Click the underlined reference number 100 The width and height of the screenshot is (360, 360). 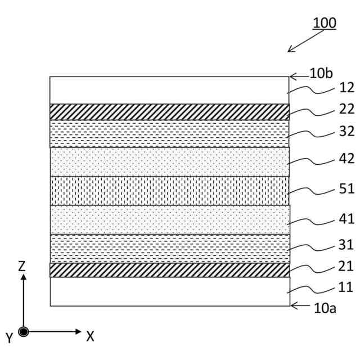(x=325, y=23)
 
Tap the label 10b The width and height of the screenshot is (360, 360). (x=321, y=74)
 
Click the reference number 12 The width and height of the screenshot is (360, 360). (x=346, y=88)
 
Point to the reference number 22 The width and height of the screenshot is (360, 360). (x=346, y=110)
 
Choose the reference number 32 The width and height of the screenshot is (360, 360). (x=346, y=132)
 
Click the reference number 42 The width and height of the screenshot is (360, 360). (x=346, y=160)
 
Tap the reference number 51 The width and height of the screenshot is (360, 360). (x=346, y=188)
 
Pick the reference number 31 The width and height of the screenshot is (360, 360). (x=346, y=245)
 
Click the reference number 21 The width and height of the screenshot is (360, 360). (x=346, y=266)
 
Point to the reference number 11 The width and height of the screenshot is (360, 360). (x=346, y=287)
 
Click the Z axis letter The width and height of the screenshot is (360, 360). (x=22, y=266)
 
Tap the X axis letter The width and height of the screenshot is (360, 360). (x=90, y=336)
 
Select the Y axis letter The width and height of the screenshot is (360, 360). (x=9, y=338)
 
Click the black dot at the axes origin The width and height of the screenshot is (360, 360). (x=23, y=332)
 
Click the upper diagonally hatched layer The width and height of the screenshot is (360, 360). (x=169, y=112)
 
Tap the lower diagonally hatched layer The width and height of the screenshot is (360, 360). (x=169, y=270)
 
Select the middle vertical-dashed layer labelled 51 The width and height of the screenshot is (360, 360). (x=169, y=191)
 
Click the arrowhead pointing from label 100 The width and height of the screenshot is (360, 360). (x=290, y=50)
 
